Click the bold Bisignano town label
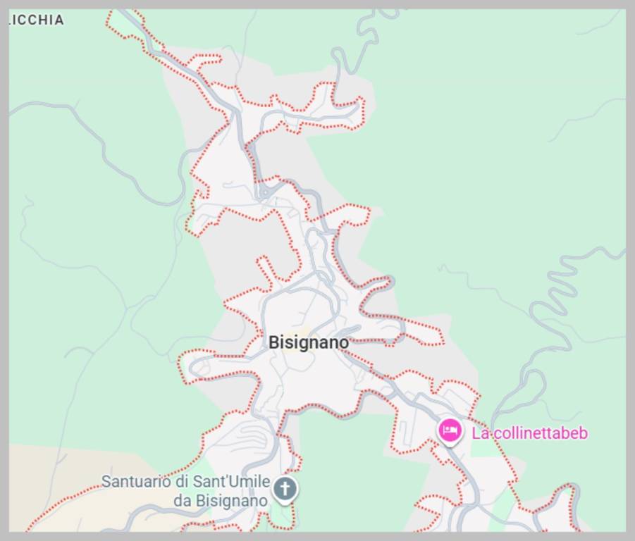click(x=309, y=342)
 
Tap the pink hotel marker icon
click(x=450, y=430)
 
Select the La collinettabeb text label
click(x=529, y=433)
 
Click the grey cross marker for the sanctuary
click(x=285, y=488)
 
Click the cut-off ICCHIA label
click(x=37, y=20)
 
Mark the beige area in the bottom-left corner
click(x=56, y=486)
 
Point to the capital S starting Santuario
click(x=106, y=482)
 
